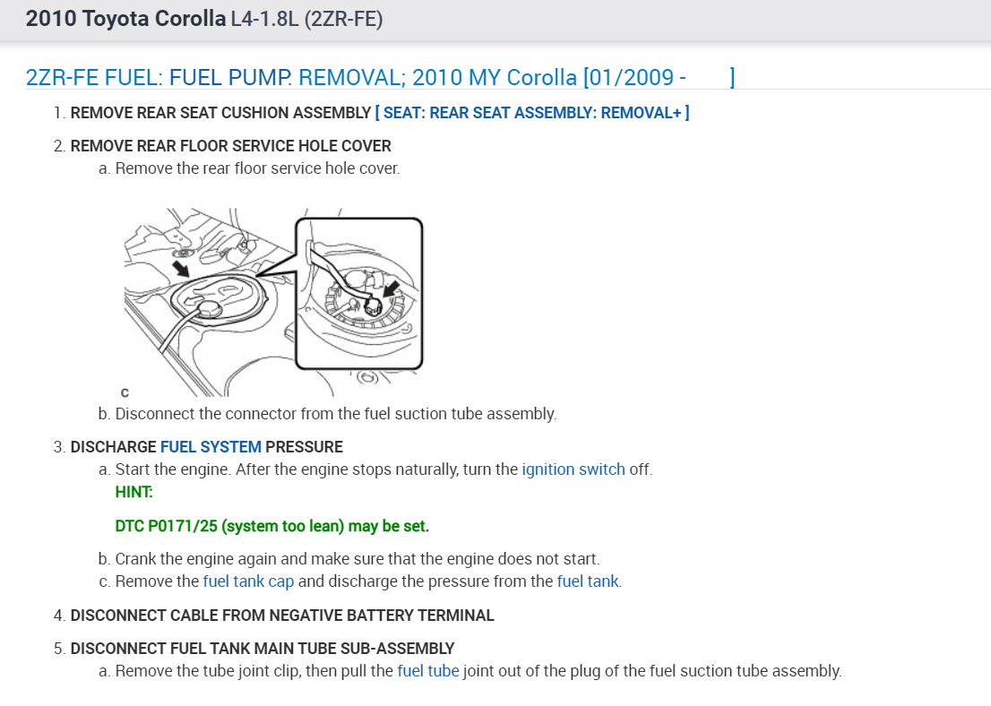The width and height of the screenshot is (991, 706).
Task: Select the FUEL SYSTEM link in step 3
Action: [211, 446]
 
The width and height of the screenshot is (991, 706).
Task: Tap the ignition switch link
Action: [573, 469]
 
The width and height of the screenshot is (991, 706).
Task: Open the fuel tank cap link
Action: [248, 581]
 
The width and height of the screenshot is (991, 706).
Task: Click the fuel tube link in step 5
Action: [427, 670]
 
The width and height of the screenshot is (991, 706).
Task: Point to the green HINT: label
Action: [134, 491]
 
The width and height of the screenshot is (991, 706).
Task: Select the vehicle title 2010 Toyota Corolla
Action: [125, 19]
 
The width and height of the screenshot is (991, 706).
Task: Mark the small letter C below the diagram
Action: [124, 392]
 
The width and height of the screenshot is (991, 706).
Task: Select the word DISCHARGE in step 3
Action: [114, 446]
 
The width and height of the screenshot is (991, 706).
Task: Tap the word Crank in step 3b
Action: [136, 558]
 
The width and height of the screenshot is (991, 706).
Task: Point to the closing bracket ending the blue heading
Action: [732, 78]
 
